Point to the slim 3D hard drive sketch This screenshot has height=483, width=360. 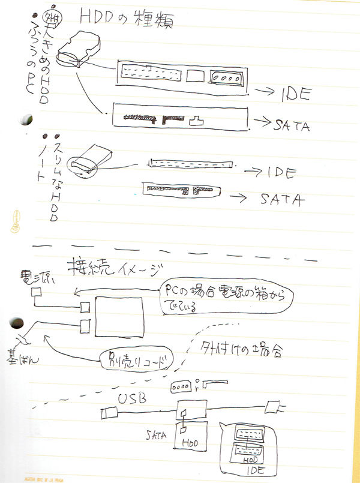89,158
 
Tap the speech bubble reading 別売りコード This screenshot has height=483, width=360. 133,361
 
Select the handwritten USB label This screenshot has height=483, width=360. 131,397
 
